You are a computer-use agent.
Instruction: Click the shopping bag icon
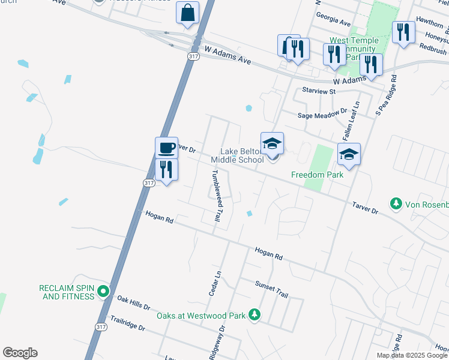(187, 13)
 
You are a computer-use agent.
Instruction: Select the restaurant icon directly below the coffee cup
(166, 170)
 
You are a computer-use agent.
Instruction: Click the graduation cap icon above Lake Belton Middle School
(272, 144)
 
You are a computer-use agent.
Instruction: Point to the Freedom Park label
(317, 175)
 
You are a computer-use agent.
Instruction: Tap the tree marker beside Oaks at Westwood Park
(255, 315)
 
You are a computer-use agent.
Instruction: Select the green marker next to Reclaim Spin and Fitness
(103, 292)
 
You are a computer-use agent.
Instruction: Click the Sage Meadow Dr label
(322, 112)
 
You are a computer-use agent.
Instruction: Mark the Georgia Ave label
(333, 22)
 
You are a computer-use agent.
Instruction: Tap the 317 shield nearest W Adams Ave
(193, 56)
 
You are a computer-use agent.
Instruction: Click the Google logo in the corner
(20, 353)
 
